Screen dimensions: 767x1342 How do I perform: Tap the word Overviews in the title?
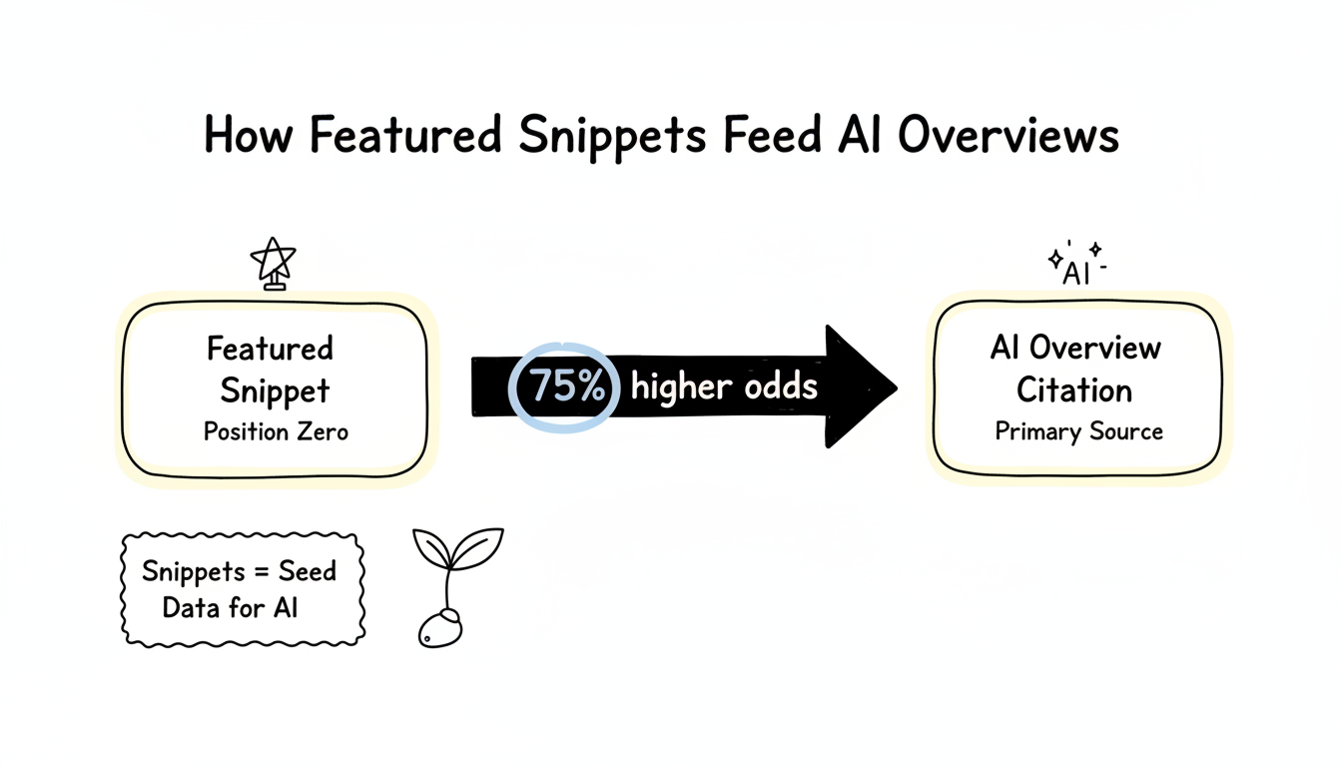[1007, 136]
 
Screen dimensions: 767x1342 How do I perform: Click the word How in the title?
[249, 136]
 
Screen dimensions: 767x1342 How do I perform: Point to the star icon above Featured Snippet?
[274, 263]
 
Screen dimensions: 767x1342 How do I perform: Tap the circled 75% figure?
[566, 386]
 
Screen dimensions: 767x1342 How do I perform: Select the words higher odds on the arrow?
[724, 386]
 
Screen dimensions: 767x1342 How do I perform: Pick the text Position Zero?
[276, 431]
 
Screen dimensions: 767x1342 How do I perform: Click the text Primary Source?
[1078, 431]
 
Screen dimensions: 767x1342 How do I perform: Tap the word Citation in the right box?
[1074, 390]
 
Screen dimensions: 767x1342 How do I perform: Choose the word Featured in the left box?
[270, 349]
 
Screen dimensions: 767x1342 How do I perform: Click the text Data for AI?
[230, 607]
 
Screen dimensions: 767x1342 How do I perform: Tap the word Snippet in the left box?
[275, 390]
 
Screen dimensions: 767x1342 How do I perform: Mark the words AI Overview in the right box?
[1075, 348]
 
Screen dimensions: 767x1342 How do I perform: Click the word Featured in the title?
[404, 136]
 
